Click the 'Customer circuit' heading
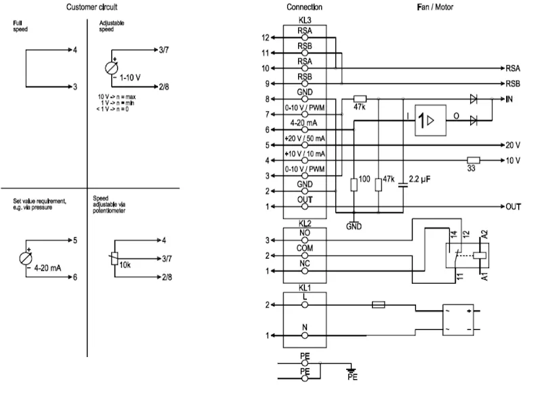tap(91, 7)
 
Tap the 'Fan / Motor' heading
tap(435, 7)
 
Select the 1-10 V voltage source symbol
tap(111, 68)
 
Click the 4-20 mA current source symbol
tap(26, 259)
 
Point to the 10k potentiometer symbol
tap(114, 259)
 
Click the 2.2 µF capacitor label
tap(419, 179)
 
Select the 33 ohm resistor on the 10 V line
tap(473, 161)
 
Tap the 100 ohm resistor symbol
tap(354, 185)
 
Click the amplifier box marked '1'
tap(430, 121)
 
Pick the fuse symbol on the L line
tap(379, 305)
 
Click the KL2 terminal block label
tap(304, 224)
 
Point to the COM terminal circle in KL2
tap(304, 255)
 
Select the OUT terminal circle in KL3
tap(304, 207)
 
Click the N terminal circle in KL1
tap(304, 335)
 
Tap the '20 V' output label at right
tap(513, 145)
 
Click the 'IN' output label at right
tap(509, 99)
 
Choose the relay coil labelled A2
tap(480, 255)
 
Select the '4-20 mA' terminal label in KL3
tap(304, 123)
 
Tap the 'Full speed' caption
tap(20, 26)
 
